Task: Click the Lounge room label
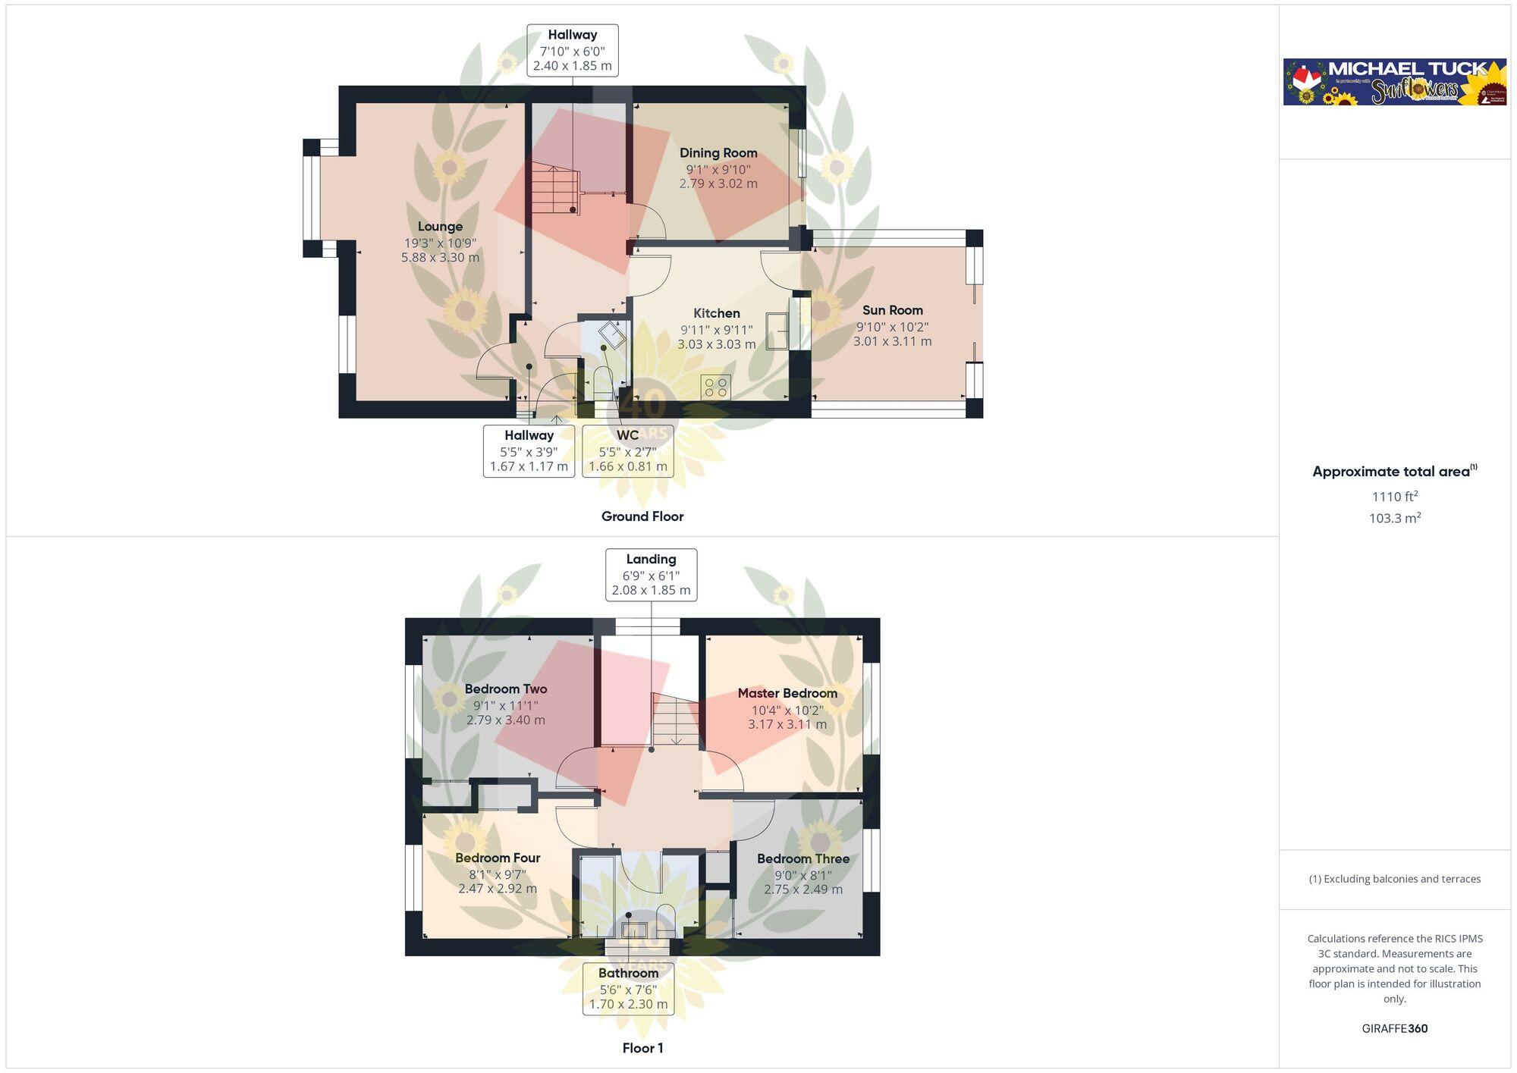point(440,227)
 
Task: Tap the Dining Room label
point(718,153)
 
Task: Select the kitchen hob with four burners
point(715,387)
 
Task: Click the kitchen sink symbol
point(777,331)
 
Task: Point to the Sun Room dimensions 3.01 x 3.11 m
point(892,342)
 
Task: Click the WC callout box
point(627,450)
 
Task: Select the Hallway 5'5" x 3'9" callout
point(529,450)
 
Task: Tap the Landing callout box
point(651,575)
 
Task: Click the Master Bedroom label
point(787,693)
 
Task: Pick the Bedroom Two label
point(505,689)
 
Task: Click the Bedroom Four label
point(498,858)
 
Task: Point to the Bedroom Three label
point(802,858)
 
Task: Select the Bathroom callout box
point(628,988)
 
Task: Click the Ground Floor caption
point(642,516)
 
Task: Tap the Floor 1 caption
point(642,1048)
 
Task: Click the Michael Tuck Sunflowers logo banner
point(1394,82)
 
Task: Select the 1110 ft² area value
point(1394,497)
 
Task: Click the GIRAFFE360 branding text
point(1394,1029)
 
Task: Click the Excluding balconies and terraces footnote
point(1394,879)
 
